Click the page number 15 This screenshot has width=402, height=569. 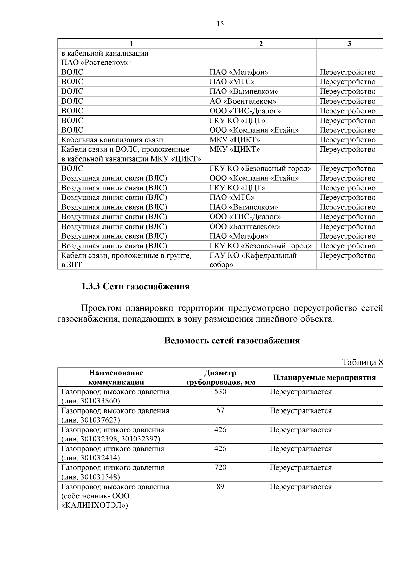(x=220, y=24)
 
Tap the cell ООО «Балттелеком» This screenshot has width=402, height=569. (x=245, y=227)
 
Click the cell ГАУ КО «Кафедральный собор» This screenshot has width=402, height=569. (x=253, y=260)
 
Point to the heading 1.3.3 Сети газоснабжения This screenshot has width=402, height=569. (x=136, y=287)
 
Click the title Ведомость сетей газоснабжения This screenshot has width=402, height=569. (x=232, y=341)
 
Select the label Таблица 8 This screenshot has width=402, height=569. (x=362, y=362)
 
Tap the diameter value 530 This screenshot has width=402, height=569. (x=220, y=392)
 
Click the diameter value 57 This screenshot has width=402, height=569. (x=220, y=411)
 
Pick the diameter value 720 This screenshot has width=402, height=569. (x=220, y=468)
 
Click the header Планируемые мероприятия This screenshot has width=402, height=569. (x=324, y=378)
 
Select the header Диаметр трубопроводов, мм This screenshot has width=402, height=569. (x=220, y=378)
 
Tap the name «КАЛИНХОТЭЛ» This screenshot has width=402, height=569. (x=95, y=505)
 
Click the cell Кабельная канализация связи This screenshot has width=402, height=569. (x=112, y=140)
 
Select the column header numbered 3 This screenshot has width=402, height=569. (x=349, y=44)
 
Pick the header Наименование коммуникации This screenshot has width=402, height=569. (x=116, y=378)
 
